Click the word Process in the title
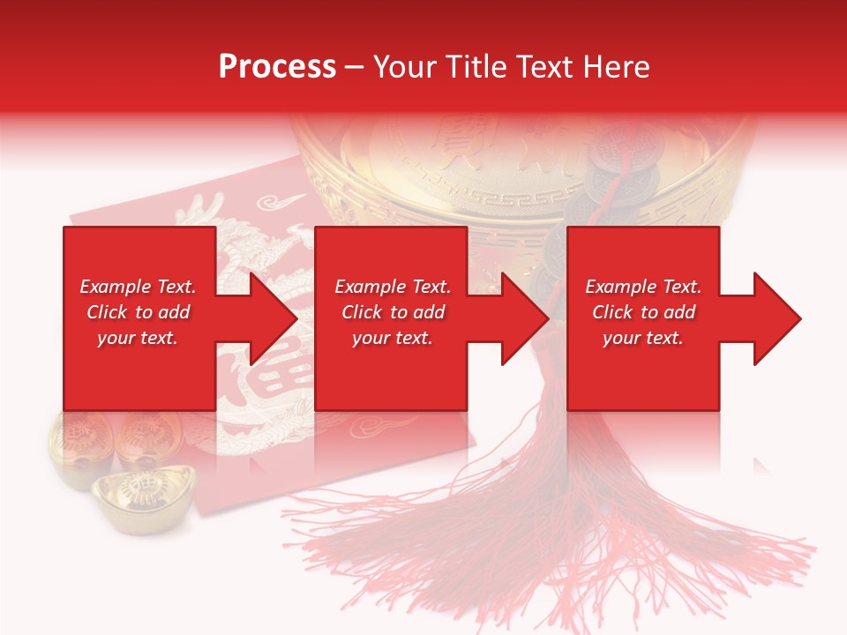coord(277,67)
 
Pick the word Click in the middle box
coord(361,312)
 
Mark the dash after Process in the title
coord(355,68)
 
